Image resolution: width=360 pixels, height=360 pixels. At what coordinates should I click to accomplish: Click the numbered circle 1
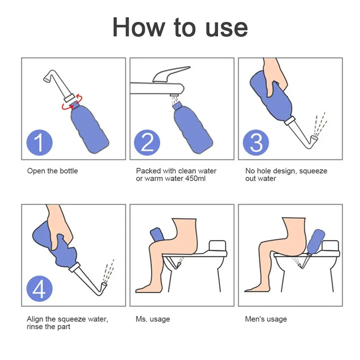[40, 142]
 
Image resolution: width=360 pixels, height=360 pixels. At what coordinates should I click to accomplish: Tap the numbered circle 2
[147, 142]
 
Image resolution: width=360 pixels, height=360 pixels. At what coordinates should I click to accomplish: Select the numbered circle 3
[256, 142]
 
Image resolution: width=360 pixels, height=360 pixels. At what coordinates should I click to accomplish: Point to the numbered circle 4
[40, 288]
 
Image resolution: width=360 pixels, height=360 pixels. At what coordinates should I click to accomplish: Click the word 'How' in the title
[139, 27]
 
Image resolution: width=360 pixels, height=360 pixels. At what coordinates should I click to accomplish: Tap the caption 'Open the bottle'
[53, 171]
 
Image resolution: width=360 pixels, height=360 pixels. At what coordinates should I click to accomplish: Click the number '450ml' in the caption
[195, 178]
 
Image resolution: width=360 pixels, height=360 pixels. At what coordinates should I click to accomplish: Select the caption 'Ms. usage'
[153, 319]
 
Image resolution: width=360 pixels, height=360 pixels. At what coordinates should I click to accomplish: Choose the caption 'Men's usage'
[266, 319]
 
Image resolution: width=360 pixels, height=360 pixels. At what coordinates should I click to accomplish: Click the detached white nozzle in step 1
[59, 85]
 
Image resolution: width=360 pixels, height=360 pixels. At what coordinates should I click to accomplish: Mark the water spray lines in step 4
[108, 271]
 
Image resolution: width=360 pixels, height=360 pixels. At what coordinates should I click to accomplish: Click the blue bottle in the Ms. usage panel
[157, 234]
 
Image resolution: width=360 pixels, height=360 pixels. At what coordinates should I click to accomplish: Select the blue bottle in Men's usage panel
[316, 242]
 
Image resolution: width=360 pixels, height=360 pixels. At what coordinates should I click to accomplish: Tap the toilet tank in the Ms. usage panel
[218, 246]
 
